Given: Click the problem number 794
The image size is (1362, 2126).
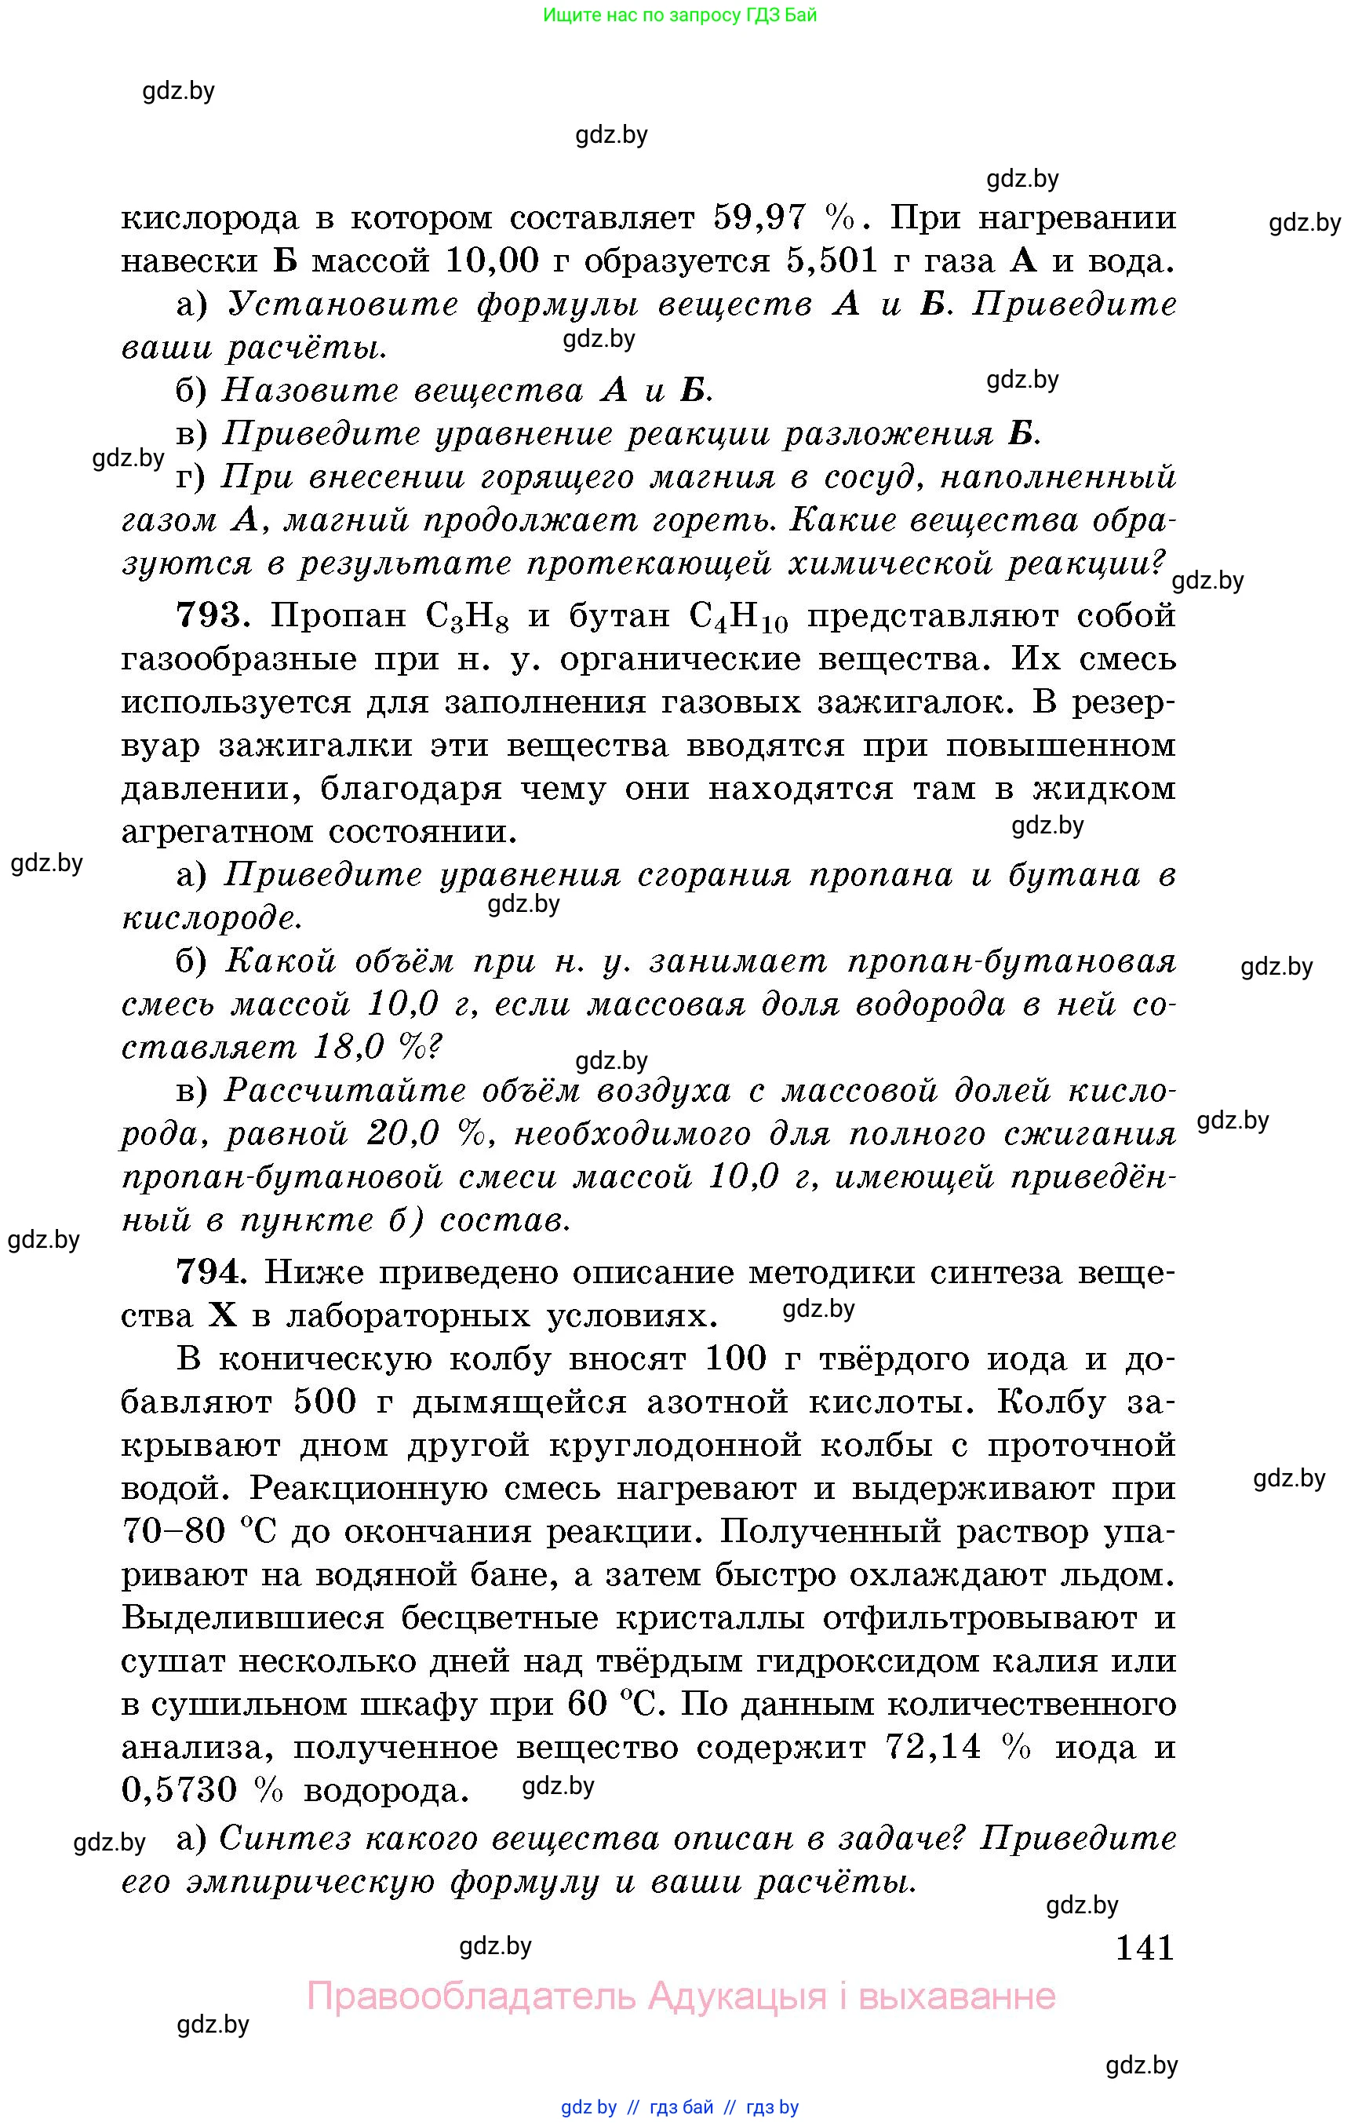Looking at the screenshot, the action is click(x=209, y=1273).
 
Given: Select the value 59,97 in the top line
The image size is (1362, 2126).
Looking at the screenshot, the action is click(x=759, y=217).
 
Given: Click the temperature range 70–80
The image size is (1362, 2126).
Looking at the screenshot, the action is click(x=173, y=1531).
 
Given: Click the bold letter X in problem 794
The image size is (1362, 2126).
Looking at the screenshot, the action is click(x=223, y=1316).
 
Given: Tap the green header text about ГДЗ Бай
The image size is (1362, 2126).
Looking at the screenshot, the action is click(x=679, y=15).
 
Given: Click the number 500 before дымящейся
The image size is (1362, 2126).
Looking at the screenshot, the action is click(x=325, y=1402).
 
